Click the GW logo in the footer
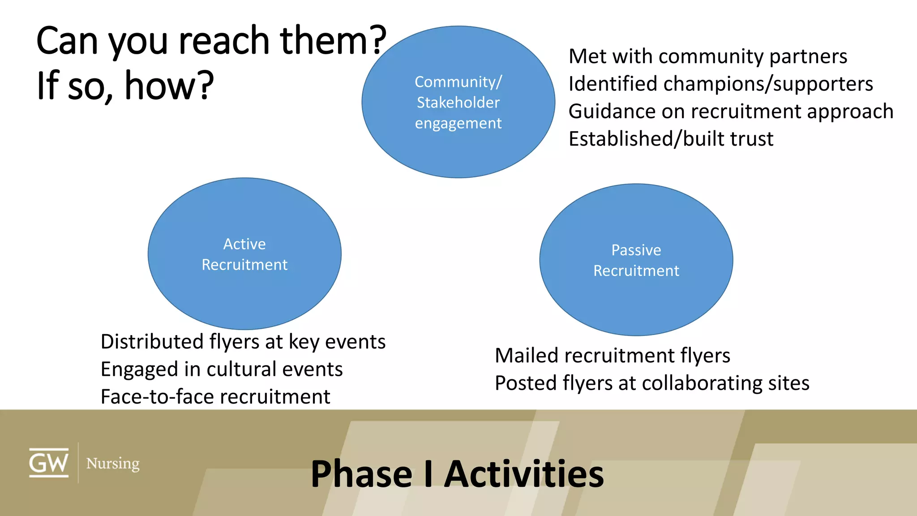click(49, 463)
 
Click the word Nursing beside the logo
click(113, 463)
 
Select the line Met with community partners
click(707, 56)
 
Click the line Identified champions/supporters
click(720, 84)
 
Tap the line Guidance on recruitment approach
click(731, 111)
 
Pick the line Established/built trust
click(671, 139)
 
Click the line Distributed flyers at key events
click(243, 342)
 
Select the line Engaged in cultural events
click(222, 369)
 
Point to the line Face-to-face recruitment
click(215, 397)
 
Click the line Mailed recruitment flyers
click(612, 356)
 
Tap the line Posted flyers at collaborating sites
click(652, 383)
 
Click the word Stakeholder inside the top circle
click(458, 103)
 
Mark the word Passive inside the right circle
click(636, 250)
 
